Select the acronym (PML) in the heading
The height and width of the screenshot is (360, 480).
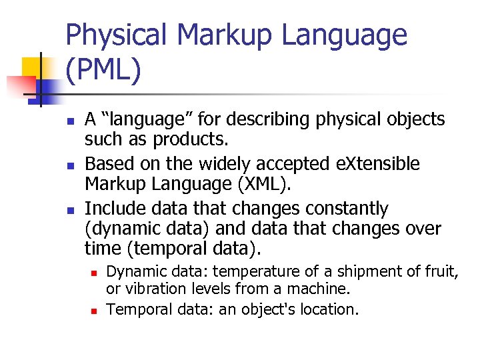[x=103, y=71]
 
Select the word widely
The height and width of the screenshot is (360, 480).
[x=208, y=164]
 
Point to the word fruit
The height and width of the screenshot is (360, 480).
[x=444, y=271]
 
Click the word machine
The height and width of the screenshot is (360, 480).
[x=326, y=290]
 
